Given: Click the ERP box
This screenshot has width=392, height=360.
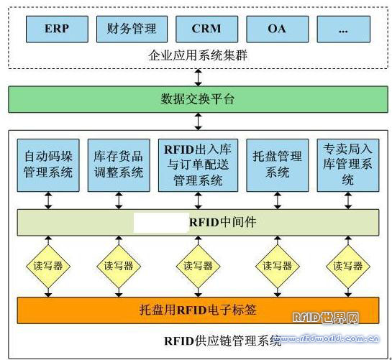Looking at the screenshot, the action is (57, 29).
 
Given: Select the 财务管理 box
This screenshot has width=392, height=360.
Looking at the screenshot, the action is (132, 29).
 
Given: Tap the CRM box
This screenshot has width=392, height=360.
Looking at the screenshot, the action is (206, 29).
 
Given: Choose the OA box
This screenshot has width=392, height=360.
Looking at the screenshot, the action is (278, 29).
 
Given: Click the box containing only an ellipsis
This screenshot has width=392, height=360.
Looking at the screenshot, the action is (344, 29).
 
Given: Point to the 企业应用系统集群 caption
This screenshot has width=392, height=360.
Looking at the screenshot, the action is (198, 55).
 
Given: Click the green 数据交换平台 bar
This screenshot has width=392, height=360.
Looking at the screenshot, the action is (198, 99).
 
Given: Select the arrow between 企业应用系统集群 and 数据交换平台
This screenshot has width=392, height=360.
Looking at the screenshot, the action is (199, 78).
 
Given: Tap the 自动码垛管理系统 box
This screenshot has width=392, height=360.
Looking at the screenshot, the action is (48, 165).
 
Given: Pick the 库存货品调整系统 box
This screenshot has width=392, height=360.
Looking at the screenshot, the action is (119, 165).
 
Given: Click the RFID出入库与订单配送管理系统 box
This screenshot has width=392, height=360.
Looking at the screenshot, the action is (198, 165).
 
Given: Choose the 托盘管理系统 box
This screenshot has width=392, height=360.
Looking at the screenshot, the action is (278, 165).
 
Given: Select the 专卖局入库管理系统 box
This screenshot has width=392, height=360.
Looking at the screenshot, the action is (348, 165).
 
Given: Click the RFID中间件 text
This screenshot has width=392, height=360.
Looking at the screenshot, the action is (223, 222).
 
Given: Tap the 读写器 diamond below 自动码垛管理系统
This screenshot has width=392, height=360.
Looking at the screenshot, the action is (48, 267).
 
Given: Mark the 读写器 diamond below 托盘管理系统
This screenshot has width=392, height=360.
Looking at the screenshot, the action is (278, 267).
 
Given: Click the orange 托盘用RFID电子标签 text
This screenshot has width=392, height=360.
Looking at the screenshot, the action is (198, 310).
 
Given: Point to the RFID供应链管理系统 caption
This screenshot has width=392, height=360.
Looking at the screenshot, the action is (222, 341).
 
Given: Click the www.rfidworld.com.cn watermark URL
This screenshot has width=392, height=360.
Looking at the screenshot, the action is (328, 338).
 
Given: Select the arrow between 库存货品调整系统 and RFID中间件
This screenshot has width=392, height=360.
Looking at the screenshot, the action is (119, 200).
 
